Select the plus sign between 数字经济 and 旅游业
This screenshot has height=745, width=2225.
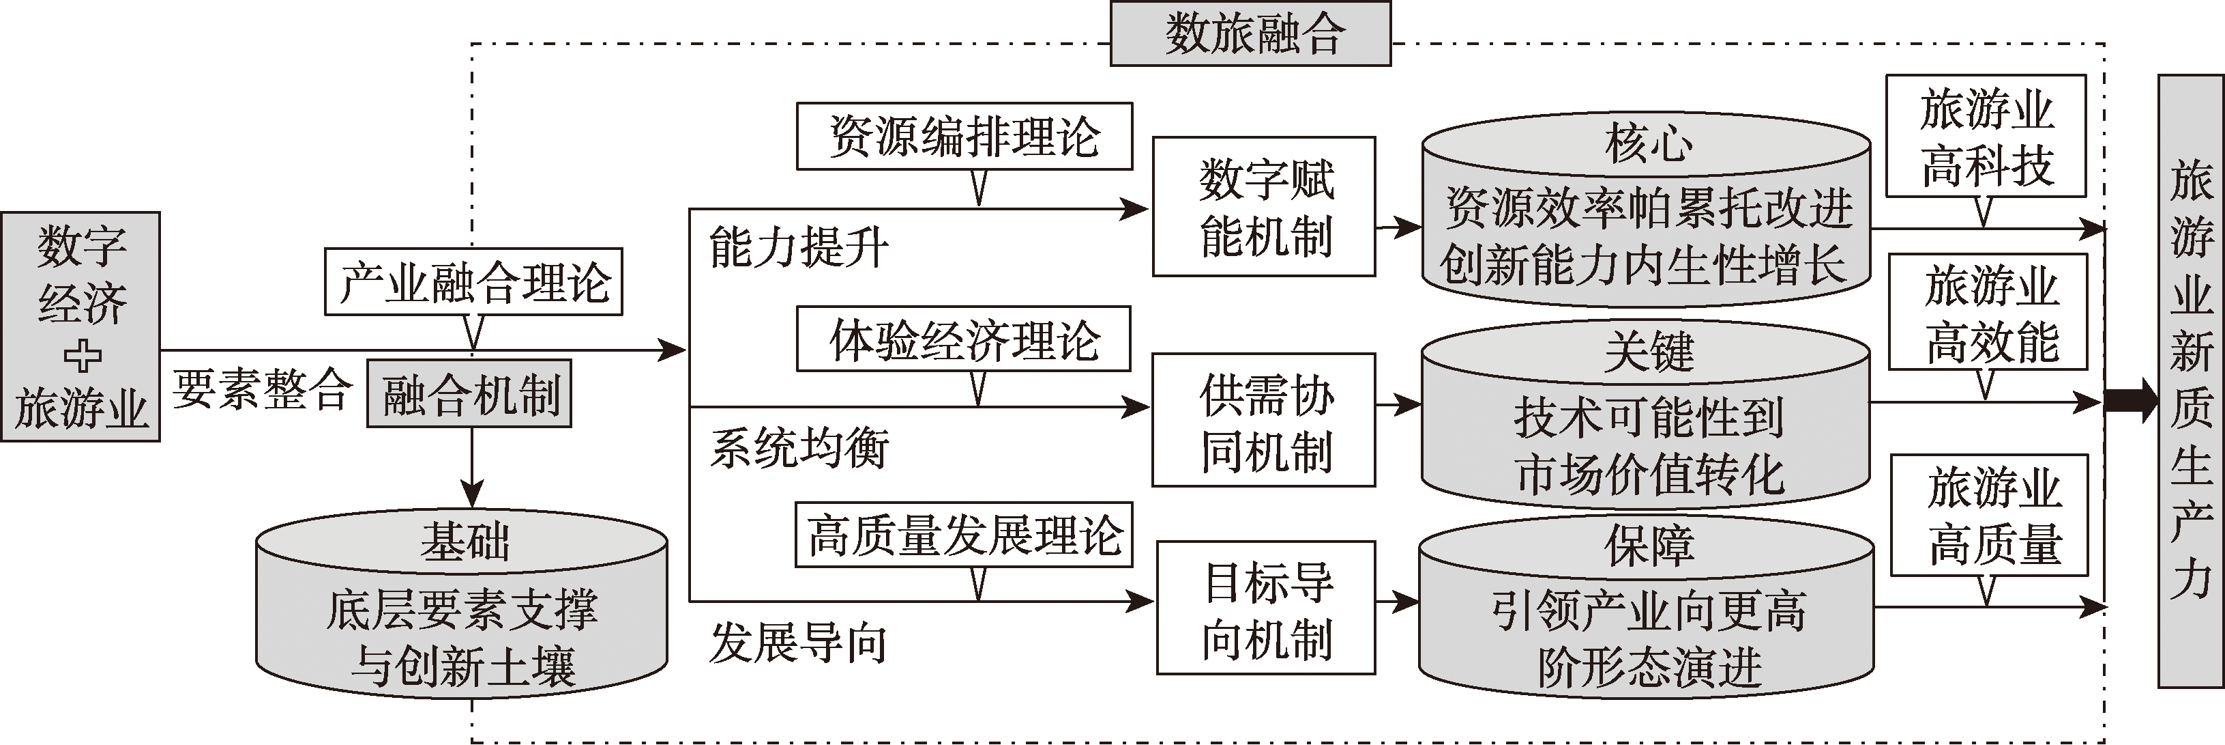coord(82,356)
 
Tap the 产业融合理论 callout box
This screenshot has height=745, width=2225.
coord(473,282)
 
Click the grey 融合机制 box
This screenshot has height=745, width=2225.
coord(470,394)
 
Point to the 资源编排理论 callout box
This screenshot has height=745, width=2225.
coord(964,137)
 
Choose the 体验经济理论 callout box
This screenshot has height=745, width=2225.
coord(963,339)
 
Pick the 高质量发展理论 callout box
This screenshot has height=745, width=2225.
coord(963,535)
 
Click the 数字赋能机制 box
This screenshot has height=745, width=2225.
coord(1264,206)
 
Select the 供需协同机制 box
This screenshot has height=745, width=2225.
coord(1264,420)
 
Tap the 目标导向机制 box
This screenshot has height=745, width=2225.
coord(1265,608)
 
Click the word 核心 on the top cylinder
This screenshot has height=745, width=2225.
coord(1648,143)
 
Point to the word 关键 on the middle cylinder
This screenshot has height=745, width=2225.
coord(1648,352)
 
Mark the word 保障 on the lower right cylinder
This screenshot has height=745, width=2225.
coord(1648,546)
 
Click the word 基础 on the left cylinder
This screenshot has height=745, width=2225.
coord(465,543)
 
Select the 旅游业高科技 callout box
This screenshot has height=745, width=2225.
coord(1986,137)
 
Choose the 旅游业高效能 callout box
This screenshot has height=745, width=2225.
coord(1988,311)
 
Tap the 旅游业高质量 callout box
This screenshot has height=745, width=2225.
coord(1989,515)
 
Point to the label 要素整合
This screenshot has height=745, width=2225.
coord(263,389)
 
